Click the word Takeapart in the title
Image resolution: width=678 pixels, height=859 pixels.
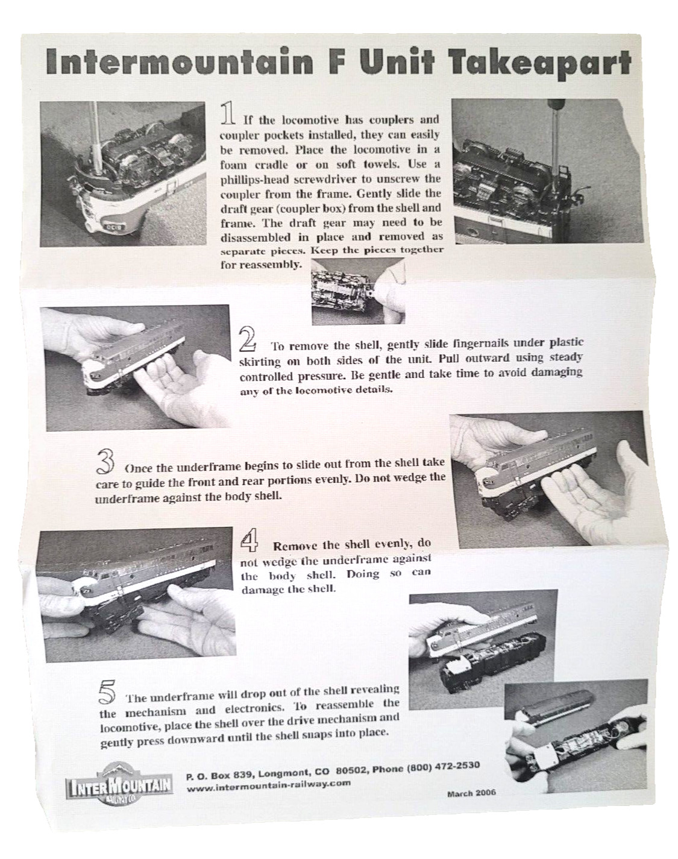pos(541,64)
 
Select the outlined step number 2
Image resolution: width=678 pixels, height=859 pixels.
pos(248,340)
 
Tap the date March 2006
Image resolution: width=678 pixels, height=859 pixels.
pos(471,793)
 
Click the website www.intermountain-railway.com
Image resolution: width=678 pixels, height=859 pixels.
pos(268,787)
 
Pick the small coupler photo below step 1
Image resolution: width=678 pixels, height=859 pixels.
pos(359,291)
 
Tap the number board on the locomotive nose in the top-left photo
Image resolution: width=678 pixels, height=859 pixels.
pos(114,227)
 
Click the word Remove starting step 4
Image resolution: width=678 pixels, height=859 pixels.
pos(295,545)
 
